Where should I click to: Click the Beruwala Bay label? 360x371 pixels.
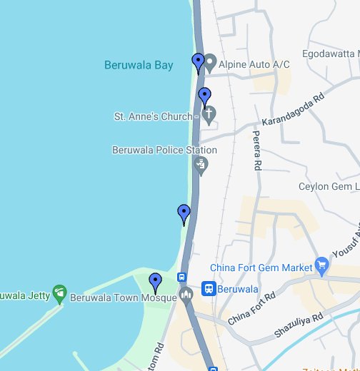tap(139, 65)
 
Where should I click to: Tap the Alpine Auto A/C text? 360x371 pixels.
tap(254, 64)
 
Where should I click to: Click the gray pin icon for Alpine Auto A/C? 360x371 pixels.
tap(211, 64)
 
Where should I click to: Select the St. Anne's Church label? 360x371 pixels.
tap(153, 116)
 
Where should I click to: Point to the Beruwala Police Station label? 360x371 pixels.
tap(164, 150)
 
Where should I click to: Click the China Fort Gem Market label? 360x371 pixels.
tap(261, 267)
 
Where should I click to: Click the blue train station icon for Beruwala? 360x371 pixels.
tap(209, 289)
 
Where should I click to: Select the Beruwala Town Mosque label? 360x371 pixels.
tap(123, 298)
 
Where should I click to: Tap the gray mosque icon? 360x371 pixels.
tap(187, 295)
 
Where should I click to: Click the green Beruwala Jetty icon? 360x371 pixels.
tap(59, 292)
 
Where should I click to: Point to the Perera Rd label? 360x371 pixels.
tap(256, 151)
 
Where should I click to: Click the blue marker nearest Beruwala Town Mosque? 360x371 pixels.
tap(155, 282)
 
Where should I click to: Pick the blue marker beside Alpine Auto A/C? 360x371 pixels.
tap(199, 63)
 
